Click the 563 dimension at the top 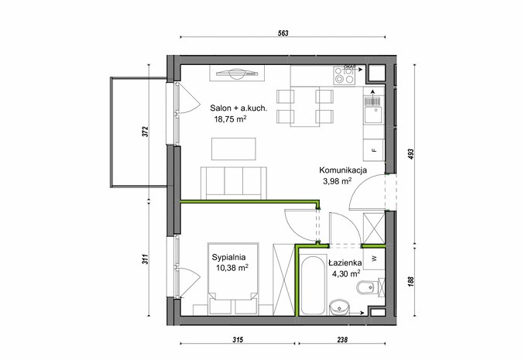coord(283,33)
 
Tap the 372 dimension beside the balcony coord(145,132)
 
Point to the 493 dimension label coord(411,154)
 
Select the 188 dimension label coord(411,281)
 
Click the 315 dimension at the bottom coord(238,340)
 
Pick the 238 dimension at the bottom coord(342,340)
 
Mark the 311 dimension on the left coord(145,259)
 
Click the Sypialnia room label coord(228,257)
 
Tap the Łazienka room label coord(345,262)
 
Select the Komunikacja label coord(343,170)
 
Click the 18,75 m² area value coord(230,119)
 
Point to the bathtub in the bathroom coord(313,286)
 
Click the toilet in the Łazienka coord(369,287)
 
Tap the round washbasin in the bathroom coord(339,308)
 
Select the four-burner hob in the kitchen coord(345,75)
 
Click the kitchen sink coord(374,109)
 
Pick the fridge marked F coord(374,150)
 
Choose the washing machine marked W coord(374,259)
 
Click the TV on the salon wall coord(237,73)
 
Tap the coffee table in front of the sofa coord(234,149)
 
